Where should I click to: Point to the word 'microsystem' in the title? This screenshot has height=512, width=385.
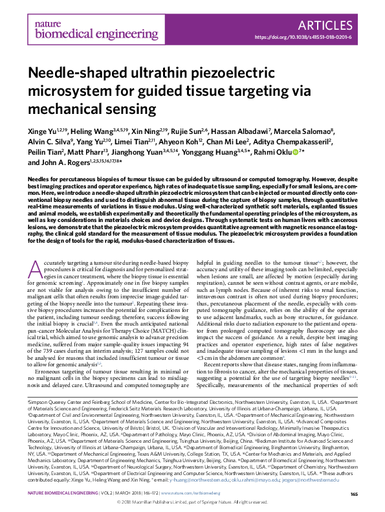coord(68,89)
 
